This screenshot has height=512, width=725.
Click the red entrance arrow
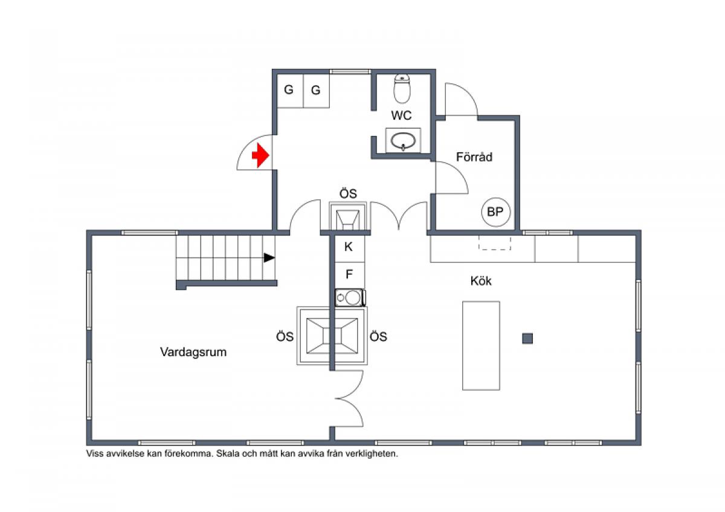pos(261,155)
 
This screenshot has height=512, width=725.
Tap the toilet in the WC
pos(402,88)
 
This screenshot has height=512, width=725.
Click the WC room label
pos(401,115)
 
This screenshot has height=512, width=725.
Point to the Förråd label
pos(474,157)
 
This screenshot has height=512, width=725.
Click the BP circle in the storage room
pos(495,212)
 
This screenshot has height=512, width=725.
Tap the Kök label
pos(481,280)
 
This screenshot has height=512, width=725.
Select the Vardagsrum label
pos(193,352)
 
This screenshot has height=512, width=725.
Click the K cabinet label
pos(348,247)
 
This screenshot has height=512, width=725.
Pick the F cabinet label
pos(349,274)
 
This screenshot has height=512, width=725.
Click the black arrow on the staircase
pos(269,258)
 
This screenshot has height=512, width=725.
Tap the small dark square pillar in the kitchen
pos(527,339)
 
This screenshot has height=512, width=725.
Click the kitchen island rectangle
pos(481,346)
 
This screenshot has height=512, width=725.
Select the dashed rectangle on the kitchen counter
pos(495,243)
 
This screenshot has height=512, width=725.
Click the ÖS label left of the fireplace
pos(285,337)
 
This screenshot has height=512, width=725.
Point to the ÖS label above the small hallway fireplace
pos(348,193)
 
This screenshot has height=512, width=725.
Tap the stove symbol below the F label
pos(350,297)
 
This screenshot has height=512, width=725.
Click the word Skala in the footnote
pos(228,454)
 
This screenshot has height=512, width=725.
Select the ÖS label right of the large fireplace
pos(378,337)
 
